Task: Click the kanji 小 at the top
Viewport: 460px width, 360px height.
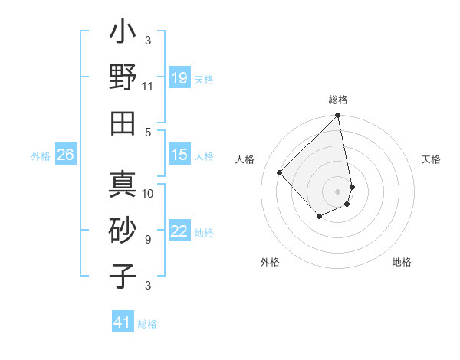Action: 123,34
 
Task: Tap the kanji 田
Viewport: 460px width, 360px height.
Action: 123,123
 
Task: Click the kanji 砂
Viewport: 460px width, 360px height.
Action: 123,230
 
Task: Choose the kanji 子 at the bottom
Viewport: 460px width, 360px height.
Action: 123,276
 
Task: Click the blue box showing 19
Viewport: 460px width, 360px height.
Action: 179,78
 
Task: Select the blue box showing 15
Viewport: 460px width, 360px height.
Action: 179,155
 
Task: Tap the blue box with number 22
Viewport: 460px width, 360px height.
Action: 179,232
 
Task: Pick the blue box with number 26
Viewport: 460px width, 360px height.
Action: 65,155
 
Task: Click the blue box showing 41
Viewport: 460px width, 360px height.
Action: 123,322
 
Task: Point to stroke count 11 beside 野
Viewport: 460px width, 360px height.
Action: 148,87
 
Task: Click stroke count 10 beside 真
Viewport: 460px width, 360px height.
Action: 148,193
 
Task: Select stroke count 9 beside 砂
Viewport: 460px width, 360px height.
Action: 148,240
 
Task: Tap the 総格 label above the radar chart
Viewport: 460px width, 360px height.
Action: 338,100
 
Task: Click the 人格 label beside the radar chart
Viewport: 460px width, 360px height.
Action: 245,159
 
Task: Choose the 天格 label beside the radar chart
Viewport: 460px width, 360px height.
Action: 431,159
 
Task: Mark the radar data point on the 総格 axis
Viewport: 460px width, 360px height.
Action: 338,116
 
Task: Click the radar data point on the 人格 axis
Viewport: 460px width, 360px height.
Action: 280,172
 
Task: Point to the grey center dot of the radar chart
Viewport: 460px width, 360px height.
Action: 338,191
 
